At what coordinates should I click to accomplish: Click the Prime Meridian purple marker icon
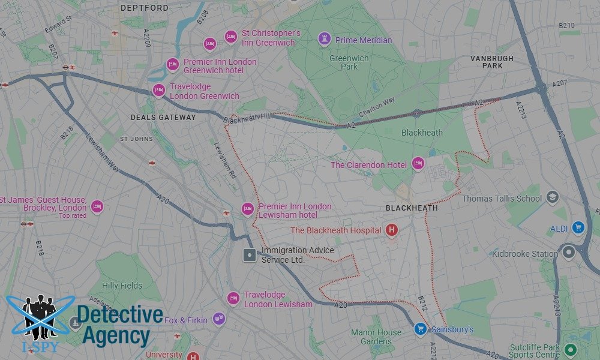pyautogui.click(x=325, y=40)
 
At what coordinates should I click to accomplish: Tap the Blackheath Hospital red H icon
pyautogui.click(x=392, y=229)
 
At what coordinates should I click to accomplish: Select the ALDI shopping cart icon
pyautogui.click(x=578, y=228)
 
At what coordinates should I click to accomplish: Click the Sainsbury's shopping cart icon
pyautogui.click(x=421, y=329)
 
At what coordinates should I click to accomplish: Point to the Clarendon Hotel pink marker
pyautogui.click(x=418, y=164)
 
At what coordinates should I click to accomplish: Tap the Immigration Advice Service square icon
pyautogui.click(x=249, y=255)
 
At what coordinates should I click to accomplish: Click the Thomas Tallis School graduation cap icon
pyautogui.click(x=552, y=197)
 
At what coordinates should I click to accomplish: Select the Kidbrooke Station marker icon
pyautogui.click(x=568, y=253)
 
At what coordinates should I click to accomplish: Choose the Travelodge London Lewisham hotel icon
pyautogui.click(x=233, y=299)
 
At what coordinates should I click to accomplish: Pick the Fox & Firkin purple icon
pyautogui.click(x=218, y=319)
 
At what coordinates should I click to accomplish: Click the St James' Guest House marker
pyautogui.click(x=97, y=207)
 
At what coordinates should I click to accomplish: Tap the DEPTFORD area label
pyautogui.click(x=145, y=8)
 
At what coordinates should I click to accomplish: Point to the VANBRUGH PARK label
pyautogui.click(x=492, y=62)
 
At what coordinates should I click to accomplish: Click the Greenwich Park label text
pyautogui.click(x=343, y=62)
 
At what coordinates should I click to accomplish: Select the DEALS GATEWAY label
pyautogui.click(x=163, y=118)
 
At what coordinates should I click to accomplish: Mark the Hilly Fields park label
pyautogui.click(x=122, y=286)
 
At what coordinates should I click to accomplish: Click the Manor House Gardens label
pyautogui.click(x=376, y=337)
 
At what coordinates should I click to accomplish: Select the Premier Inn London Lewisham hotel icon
pyautogui.click(x=247, y=209)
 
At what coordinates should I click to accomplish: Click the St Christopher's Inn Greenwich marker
pyautogui.click(x=231, y=37)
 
